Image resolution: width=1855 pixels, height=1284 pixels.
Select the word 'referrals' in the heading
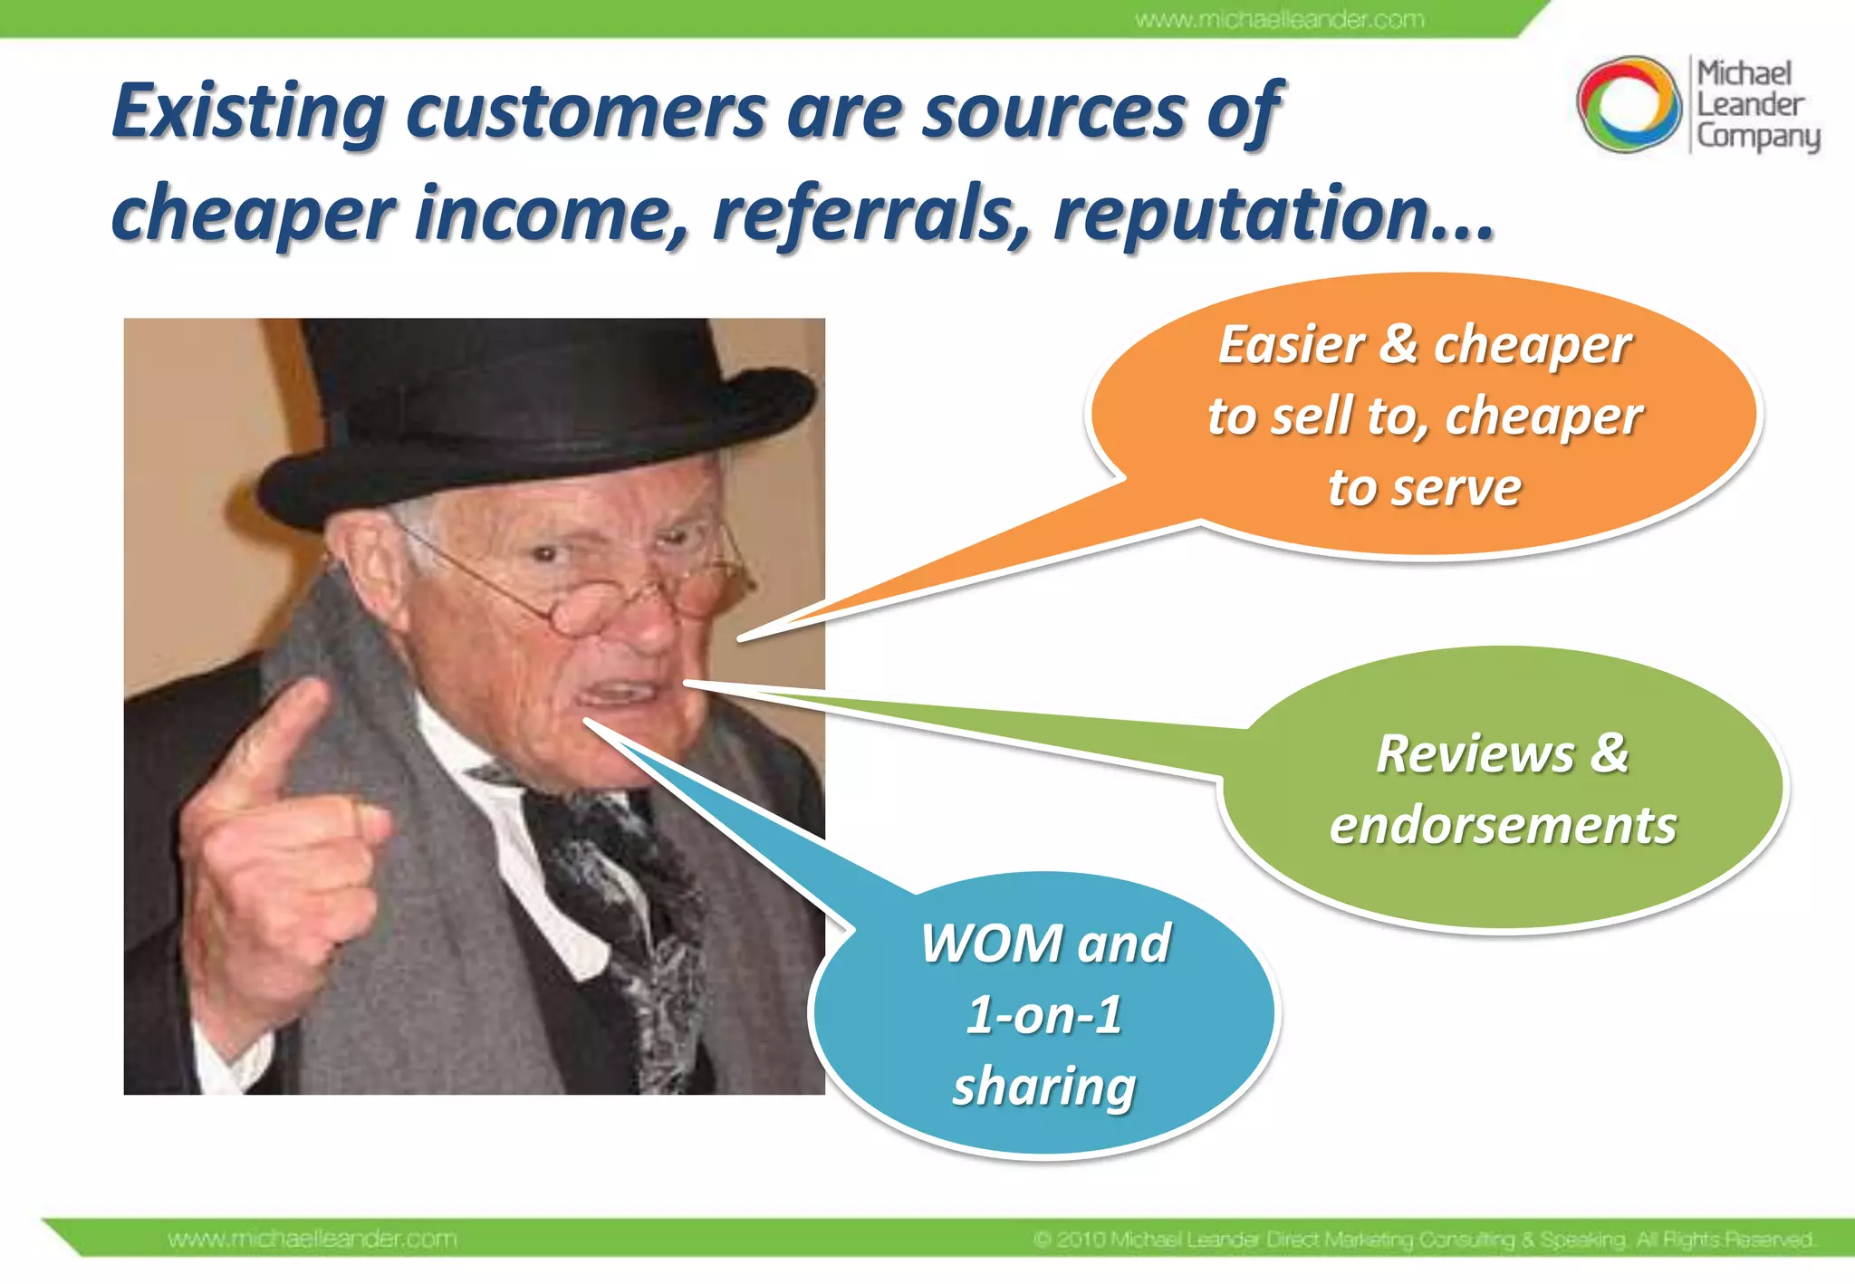click(870, 214)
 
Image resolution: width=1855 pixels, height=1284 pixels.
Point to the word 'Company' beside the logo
click(1757, 137)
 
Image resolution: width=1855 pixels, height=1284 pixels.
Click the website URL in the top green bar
click(1279, 19)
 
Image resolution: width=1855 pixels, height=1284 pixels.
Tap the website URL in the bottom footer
click(312, 1239)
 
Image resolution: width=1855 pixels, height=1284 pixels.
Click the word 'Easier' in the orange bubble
click(1292, 345)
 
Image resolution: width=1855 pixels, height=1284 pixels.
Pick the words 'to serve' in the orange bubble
click(1424, 488)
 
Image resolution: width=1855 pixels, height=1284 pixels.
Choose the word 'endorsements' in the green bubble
click(1503, 826)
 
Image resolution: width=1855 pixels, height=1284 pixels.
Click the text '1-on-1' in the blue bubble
click(1044, 1015)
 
